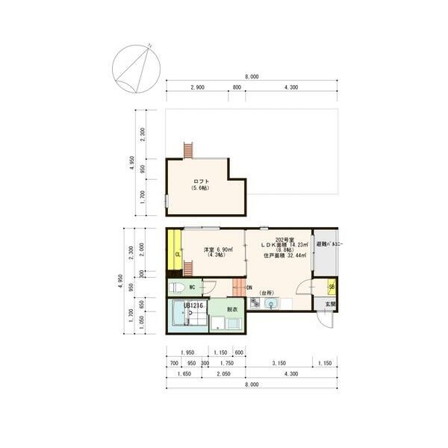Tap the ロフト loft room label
(x=201, y=181)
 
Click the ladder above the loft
(x=189, y=149)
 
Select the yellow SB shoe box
(x=332, y=287)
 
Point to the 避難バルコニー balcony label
(x=327, y=245)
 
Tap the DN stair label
(x=249, y=288)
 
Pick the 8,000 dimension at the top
(x=252, y=77)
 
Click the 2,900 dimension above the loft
(x=197, y=88)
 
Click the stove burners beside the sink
(x=255, y=302)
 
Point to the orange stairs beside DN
(x=238, y=287)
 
